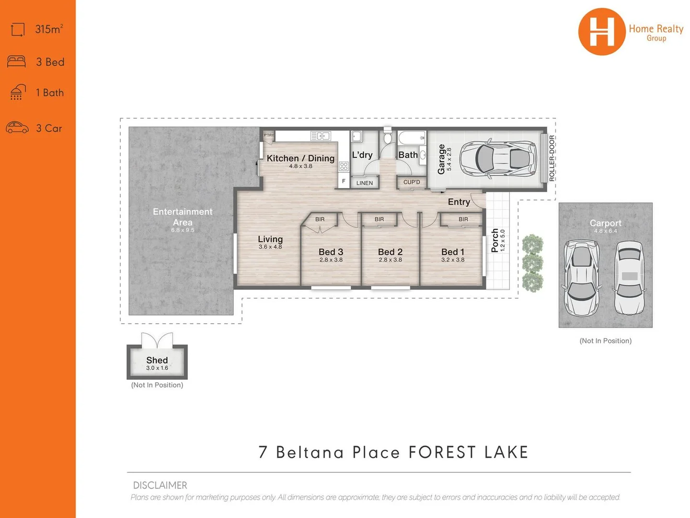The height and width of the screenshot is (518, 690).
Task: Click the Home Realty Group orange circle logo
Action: pos(602,32)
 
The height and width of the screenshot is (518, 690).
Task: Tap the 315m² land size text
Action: pos(49,29)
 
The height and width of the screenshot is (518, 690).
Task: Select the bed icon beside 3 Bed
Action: pos(17,61)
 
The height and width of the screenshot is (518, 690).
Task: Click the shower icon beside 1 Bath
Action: pos(18,92)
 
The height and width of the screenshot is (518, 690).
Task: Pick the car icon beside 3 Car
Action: pos(17,128)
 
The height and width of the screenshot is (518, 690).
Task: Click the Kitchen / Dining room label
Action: pos(300,158)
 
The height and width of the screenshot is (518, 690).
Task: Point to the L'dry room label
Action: pos(362,155)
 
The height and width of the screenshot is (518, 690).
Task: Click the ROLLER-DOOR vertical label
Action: pos(552,158)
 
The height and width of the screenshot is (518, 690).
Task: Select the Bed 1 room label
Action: pos(452,252)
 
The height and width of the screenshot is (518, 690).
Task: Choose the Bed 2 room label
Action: pos(390,252)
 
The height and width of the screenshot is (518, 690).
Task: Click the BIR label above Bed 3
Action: pos(320,219)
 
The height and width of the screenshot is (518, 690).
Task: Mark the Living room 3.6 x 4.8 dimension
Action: pos(270,247)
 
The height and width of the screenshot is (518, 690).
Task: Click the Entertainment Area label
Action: pos(183,217)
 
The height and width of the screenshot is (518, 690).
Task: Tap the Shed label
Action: pos(157,360)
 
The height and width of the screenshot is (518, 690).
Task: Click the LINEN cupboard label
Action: pos(364,183)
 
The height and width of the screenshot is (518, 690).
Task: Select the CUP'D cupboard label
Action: pos(411,182)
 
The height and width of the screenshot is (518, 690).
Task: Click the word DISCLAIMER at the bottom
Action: pos(160,485)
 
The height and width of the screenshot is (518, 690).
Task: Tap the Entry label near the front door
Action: pos(459,202)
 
